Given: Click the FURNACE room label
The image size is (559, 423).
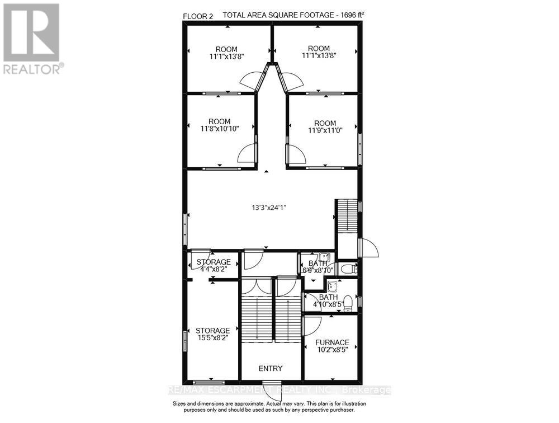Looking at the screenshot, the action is point(332,346).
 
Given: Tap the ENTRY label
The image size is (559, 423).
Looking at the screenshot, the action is point(271,368).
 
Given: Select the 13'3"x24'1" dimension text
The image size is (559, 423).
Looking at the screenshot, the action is point(269,207).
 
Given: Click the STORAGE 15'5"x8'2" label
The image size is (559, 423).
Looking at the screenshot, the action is point(213,334).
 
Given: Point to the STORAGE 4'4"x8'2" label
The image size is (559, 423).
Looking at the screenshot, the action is point(214,266).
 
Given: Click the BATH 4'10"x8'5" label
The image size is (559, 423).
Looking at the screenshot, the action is point(328,301).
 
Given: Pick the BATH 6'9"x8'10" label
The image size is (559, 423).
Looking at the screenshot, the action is point(318,267).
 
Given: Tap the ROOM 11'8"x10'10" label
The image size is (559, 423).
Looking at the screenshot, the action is point(220,125).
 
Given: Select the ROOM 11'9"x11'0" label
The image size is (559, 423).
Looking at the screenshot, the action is point(325,126).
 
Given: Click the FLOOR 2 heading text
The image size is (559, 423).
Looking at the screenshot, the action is point(198,16).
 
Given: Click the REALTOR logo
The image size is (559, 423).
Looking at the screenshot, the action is point(31,39).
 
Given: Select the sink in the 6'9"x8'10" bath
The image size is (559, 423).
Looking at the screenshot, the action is point(324,257).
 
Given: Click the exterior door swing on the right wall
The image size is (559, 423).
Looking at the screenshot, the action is point(369,247).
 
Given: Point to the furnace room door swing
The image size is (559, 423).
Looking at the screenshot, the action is point(311,326).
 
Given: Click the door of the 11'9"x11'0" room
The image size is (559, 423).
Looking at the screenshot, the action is point(296,154).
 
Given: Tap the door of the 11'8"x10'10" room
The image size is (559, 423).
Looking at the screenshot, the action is point(247,153).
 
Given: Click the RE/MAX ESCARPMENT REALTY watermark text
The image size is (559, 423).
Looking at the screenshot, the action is point(279,390).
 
